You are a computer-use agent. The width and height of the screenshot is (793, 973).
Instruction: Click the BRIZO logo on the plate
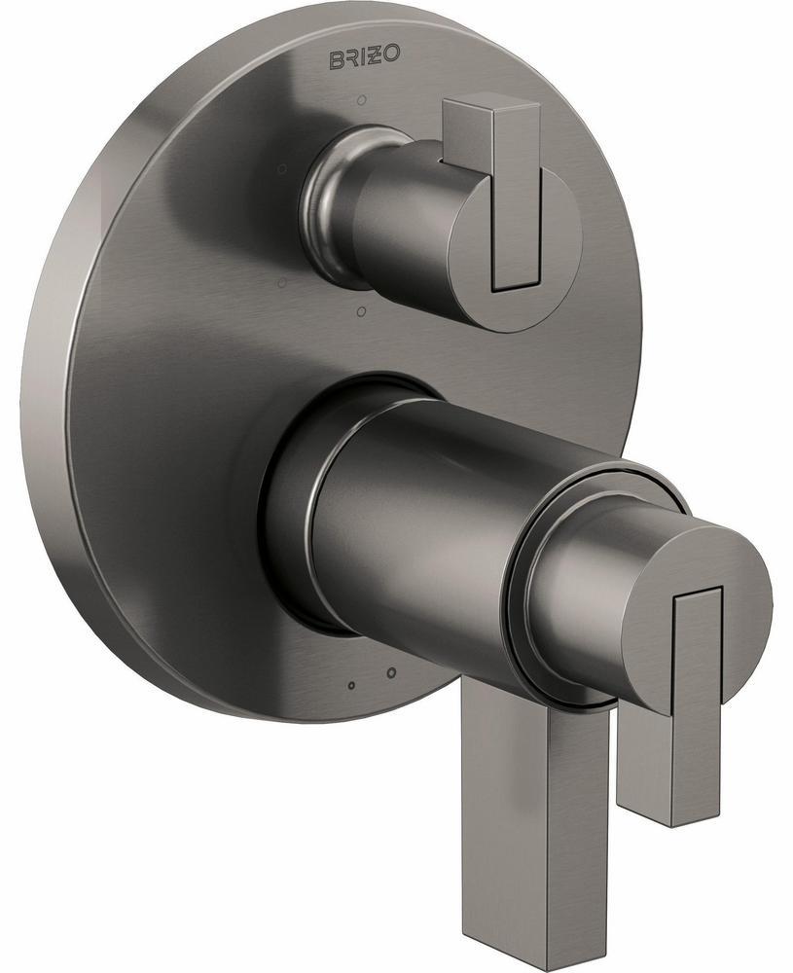(x=362, y=57)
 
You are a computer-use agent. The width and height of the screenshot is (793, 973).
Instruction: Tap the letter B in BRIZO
(x=332, y=57)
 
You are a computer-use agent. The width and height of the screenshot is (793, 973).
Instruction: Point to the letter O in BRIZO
(x=391, y=56)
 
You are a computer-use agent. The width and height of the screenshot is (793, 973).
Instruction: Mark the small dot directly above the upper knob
(x=361, y=99)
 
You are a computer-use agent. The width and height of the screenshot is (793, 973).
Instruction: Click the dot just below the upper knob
(x=360, y=311)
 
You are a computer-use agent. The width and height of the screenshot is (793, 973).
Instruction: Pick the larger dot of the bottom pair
(x=390, y=672)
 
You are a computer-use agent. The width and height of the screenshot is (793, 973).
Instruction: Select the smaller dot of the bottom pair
(x=351, y=686)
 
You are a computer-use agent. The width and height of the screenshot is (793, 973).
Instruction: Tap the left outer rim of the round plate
(x=58, y=389)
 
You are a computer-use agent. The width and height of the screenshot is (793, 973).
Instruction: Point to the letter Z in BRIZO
(x=376, y=56)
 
